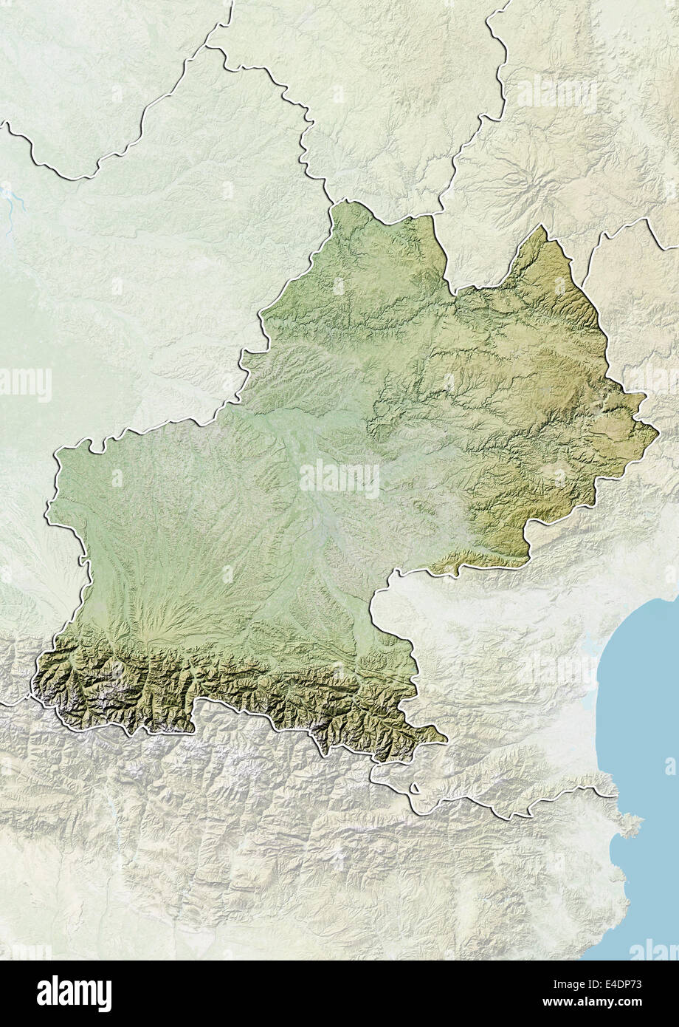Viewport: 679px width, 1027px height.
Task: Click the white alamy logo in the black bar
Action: click(x=74, y=993)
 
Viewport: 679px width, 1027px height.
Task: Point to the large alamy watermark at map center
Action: click(x=339, y=478)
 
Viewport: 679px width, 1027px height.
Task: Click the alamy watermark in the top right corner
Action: click(x=557, y=94)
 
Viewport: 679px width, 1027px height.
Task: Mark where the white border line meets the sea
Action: click(x=615, y=796)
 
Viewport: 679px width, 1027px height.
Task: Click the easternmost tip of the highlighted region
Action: click(x=657, y=428)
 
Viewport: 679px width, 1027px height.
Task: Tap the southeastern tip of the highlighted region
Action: click(x=446, y=737)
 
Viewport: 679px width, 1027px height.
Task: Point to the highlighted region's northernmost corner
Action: click(x=341, y=201)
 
